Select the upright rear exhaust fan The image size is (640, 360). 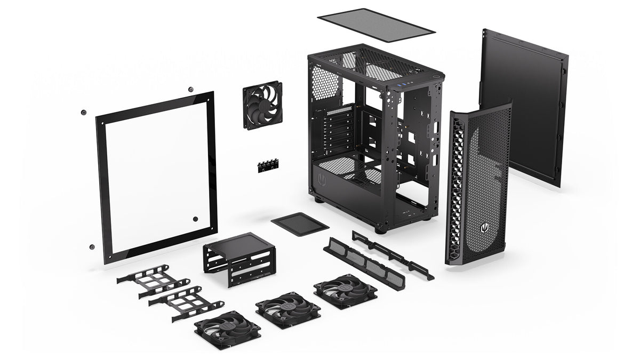coord(262,105)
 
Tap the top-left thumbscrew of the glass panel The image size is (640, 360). coord(83,112)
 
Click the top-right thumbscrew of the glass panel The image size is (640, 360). coord(190,91)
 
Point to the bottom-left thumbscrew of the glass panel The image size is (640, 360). coord(92,247)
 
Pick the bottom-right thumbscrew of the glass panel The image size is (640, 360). coord(195,219)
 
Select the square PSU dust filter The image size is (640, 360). coord(299,223)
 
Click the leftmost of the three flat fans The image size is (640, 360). coord(227,330)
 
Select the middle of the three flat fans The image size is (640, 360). coord(288,309)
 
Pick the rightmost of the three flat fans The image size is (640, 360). coord(345,291)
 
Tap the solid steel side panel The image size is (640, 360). coord(523,107)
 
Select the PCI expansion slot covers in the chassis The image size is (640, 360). coord(339,131)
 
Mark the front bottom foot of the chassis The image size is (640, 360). coord(380,230)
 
